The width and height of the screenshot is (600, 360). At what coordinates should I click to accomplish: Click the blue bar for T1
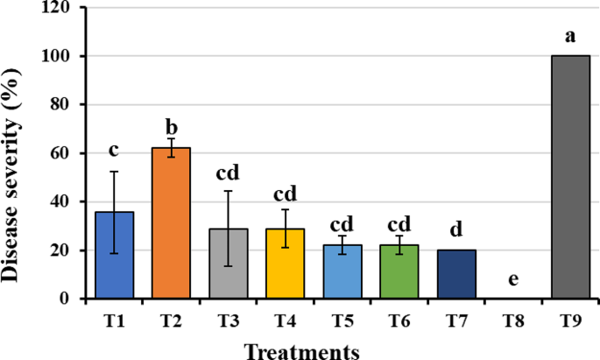tap(115, 263)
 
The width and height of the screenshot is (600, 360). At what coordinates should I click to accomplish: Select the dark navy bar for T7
tap(455, 275)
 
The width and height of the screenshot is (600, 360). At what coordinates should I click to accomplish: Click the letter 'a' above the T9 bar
tap(570, 37)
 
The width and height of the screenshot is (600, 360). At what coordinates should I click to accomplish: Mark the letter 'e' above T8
tap(513, 279)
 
